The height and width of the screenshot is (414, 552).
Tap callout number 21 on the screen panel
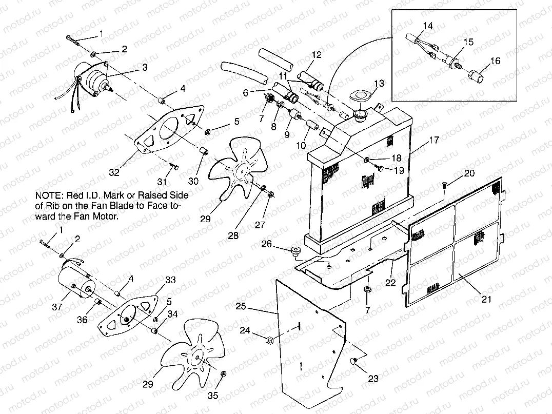486,299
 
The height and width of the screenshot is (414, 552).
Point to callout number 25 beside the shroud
242,307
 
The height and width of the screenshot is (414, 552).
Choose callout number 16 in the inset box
495,61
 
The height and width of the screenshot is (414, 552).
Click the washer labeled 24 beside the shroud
270,339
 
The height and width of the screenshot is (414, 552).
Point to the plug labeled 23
353,362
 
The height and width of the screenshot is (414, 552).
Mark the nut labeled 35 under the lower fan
222,375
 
